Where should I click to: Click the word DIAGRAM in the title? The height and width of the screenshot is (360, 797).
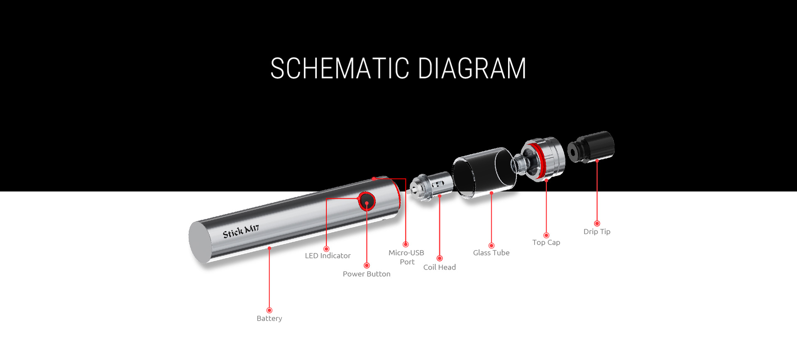click(472, 69)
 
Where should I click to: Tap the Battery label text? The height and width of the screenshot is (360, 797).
click(269, 318)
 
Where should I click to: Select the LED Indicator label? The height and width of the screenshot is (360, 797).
click(328, 256)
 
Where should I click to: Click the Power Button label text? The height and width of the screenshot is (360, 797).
click(367, 274)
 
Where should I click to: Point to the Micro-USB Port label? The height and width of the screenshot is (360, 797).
click(406, 257)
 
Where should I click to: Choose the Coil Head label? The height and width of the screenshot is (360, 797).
click(439, 267)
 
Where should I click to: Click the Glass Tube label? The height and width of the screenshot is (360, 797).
click(491, 253)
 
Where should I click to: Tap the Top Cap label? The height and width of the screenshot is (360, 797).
click(546, 242)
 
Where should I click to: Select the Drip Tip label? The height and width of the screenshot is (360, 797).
click(597, 232)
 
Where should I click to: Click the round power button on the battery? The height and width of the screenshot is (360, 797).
click(367, 202)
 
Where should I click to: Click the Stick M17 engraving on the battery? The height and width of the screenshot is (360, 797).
click(241, 231)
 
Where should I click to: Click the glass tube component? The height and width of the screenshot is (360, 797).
click(484, 171)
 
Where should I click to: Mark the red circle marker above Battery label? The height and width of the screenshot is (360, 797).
click(269, 310)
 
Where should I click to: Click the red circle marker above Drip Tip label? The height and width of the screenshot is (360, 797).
click(597, 223)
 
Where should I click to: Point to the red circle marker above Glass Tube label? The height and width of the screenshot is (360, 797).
click(491, 245)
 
